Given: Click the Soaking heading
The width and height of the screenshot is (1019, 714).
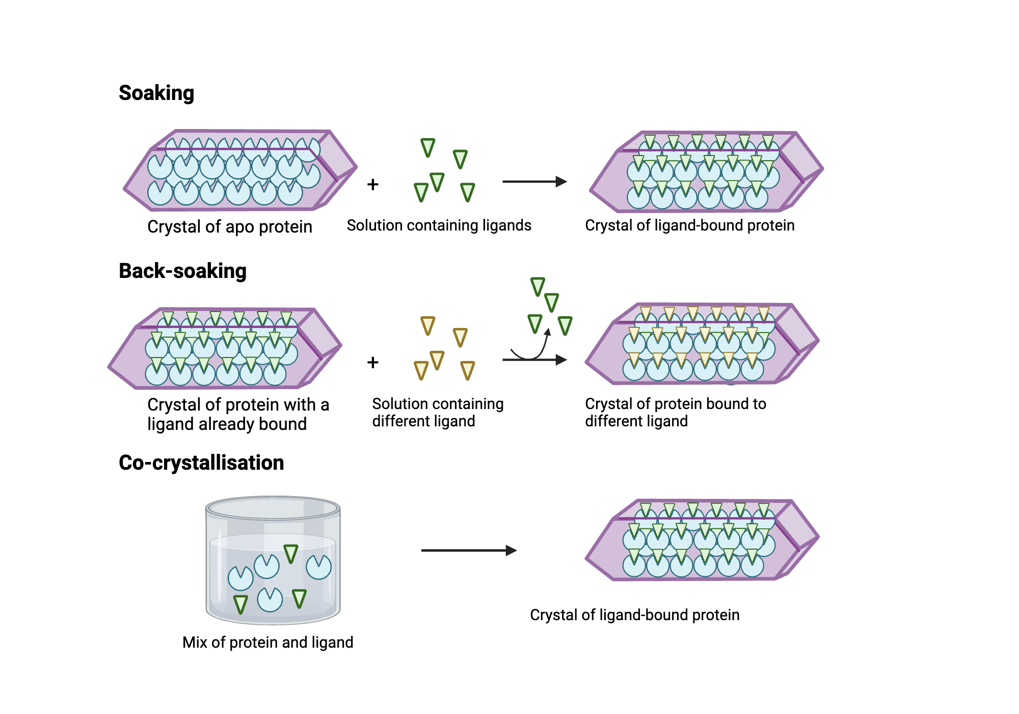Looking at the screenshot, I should (x=156, y=93).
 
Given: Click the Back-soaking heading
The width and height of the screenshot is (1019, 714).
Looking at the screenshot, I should (x=182, y=271).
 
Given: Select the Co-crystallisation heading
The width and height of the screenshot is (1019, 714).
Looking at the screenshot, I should (x=201, y=463).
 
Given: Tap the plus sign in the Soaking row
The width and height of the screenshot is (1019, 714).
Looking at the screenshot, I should (x=372, y=184).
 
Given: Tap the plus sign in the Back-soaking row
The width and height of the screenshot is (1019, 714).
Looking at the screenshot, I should (x=372, y=362).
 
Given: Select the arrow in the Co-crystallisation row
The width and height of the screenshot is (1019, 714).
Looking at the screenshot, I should (x=468, y=550).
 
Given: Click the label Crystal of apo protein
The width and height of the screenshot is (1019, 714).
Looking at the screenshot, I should (x=229, y=226).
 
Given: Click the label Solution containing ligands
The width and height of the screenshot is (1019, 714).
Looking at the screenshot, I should (x=439, y=225).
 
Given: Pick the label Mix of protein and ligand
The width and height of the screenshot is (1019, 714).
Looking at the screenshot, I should (x=267, y=642).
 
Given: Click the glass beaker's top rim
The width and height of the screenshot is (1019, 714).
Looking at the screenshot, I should (x=273, y=508).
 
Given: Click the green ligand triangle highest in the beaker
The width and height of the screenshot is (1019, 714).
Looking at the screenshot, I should (x=290, y=553).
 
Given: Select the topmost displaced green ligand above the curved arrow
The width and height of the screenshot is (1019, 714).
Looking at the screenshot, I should (x=538, y=286).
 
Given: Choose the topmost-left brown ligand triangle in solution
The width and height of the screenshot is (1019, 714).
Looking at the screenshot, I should (x=427, y=325).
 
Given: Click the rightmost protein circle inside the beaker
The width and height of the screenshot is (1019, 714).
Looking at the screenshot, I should (x=319, y=567).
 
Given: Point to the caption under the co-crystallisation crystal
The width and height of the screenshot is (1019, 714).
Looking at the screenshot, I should (x=634, y=615).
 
